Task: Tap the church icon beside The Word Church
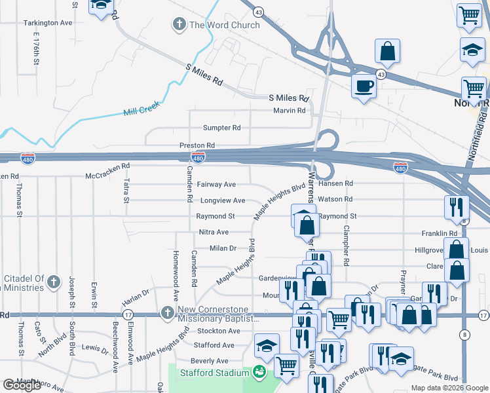tap(179, 25)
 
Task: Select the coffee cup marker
tap(364, 85)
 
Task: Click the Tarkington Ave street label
tap(48, 22)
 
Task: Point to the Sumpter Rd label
tap(221, 128)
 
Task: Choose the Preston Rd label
tap(197, 145)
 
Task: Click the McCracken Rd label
tap(108, 176)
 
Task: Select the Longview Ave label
tap(220, 200)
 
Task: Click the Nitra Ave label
tap(214, 232)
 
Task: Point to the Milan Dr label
tap(223, 248)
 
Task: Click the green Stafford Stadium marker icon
tap(260, 373)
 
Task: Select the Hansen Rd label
tap(335, 183)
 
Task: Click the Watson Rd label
tap(335, 199)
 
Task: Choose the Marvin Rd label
tap(290, 111)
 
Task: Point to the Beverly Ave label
tap(209, 361)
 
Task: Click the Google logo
tap(22, 385)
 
